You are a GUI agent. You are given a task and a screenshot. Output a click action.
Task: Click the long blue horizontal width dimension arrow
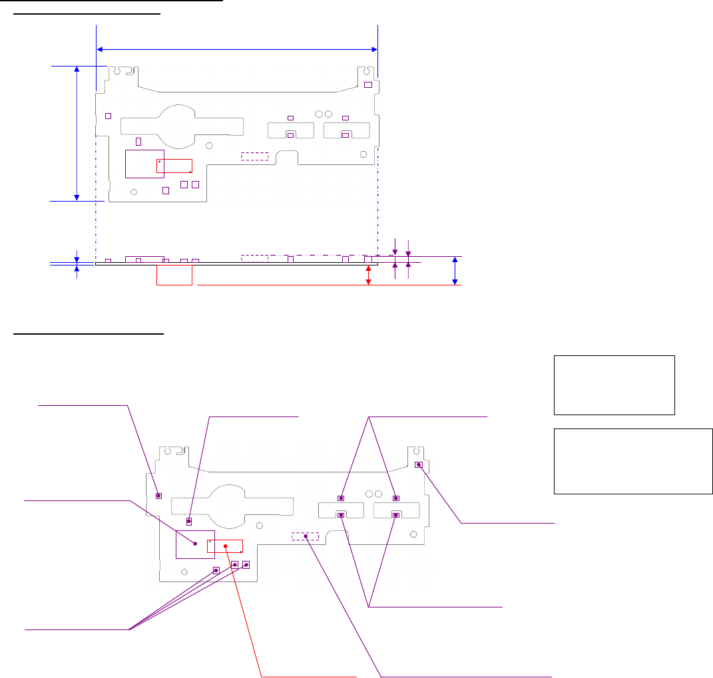coord(237,49)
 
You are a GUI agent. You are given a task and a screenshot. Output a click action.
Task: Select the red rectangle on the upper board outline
coord(174,166)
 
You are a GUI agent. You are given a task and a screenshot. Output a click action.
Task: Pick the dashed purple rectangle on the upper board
coord(255,156)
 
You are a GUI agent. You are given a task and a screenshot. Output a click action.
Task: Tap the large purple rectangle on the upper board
coord(144,164)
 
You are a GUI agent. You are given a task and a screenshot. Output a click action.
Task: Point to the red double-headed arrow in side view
coord(368,275)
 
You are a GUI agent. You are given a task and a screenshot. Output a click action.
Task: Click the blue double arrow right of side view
coord(455,271)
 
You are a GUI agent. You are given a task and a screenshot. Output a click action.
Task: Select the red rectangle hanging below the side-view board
coord(174,275)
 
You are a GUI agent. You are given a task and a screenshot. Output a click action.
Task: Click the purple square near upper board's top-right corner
coord(367,84)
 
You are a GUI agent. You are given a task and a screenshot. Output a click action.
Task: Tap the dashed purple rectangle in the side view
coord(254,257)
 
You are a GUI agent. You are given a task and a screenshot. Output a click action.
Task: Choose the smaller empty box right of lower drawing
coord(614,385)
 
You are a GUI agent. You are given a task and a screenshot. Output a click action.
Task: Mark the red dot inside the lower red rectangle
coord(226,547)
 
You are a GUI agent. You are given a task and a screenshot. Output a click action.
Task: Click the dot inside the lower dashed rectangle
coord(306,536)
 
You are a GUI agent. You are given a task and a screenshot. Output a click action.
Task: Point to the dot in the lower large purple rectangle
coord(195,544)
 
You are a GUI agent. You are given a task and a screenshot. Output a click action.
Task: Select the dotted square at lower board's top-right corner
coord(419,464)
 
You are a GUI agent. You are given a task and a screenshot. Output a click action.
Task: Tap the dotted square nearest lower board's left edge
coord(159,496)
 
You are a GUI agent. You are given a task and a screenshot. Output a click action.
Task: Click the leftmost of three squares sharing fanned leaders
coord(216,570)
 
